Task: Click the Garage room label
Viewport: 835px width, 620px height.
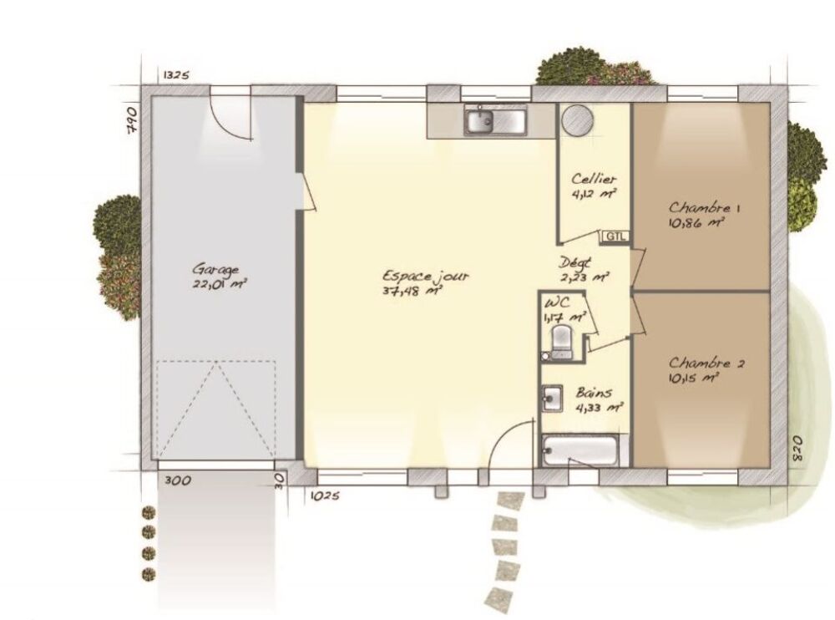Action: (x=215, y=269)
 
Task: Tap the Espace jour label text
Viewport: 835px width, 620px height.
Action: (x=426, y=276)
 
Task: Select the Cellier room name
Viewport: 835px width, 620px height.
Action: (x=594, y=179)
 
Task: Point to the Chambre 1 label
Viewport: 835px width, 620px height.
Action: (x=704, y=207)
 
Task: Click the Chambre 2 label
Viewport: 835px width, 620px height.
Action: (x=706, y=363)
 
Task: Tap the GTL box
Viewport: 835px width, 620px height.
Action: (x=616, y=236)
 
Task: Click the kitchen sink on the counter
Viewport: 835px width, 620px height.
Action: (x=495, y=120)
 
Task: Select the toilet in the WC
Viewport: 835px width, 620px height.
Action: (x=562, y=341)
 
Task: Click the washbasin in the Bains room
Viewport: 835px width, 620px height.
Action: (x=552, y=399)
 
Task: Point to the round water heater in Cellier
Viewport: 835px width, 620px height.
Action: (x=577, y=119)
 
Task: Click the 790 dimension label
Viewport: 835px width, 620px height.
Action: (x=133, y=123)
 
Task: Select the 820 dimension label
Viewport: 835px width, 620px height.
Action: (x=797, y=450)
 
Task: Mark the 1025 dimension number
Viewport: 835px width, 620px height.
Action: (x=324, y=496)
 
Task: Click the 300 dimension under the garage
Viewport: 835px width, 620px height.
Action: (x=177, y=480)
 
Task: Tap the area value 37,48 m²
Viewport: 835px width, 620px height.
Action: (x=412, y=291)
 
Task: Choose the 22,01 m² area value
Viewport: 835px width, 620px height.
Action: (x=219, y=283)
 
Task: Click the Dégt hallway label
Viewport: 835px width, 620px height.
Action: (x=575, y=263)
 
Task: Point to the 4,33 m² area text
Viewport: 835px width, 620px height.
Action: (x=600, y=408)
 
